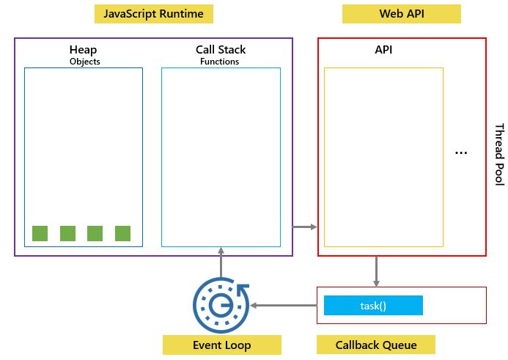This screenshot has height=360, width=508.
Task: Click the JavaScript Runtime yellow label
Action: pos(154,14)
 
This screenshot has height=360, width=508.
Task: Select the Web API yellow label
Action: pos(401,14)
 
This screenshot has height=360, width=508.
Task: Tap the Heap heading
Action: pos(83,50)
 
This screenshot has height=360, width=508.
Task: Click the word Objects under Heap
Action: pos(83,62)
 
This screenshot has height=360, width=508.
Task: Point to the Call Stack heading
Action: pos(221,50)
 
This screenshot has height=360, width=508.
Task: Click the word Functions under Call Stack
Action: pos(220,62)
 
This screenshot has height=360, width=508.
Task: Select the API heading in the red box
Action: pos(383,50)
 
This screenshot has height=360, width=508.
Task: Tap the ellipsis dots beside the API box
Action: pos(461,153)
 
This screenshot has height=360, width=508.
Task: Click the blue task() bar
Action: pos(373,305)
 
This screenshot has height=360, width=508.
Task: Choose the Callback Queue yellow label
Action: pos(375,345)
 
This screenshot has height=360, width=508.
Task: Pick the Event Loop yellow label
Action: pos(221,345)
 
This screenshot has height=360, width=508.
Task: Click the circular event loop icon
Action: pos(221,304)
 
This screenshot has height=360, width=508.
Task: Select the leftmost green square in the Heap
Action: pos(40,233)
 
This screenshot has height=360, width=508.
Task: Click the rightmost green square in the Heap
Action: pos(122,233)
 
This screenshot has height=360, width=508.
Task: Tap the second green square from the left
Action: pos(67,233)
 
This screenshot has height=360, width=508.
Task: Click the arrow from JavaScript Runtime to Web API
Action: pos(304,227)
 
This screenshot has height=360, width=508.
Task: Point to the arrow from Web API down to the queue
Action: pos(376,271)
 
